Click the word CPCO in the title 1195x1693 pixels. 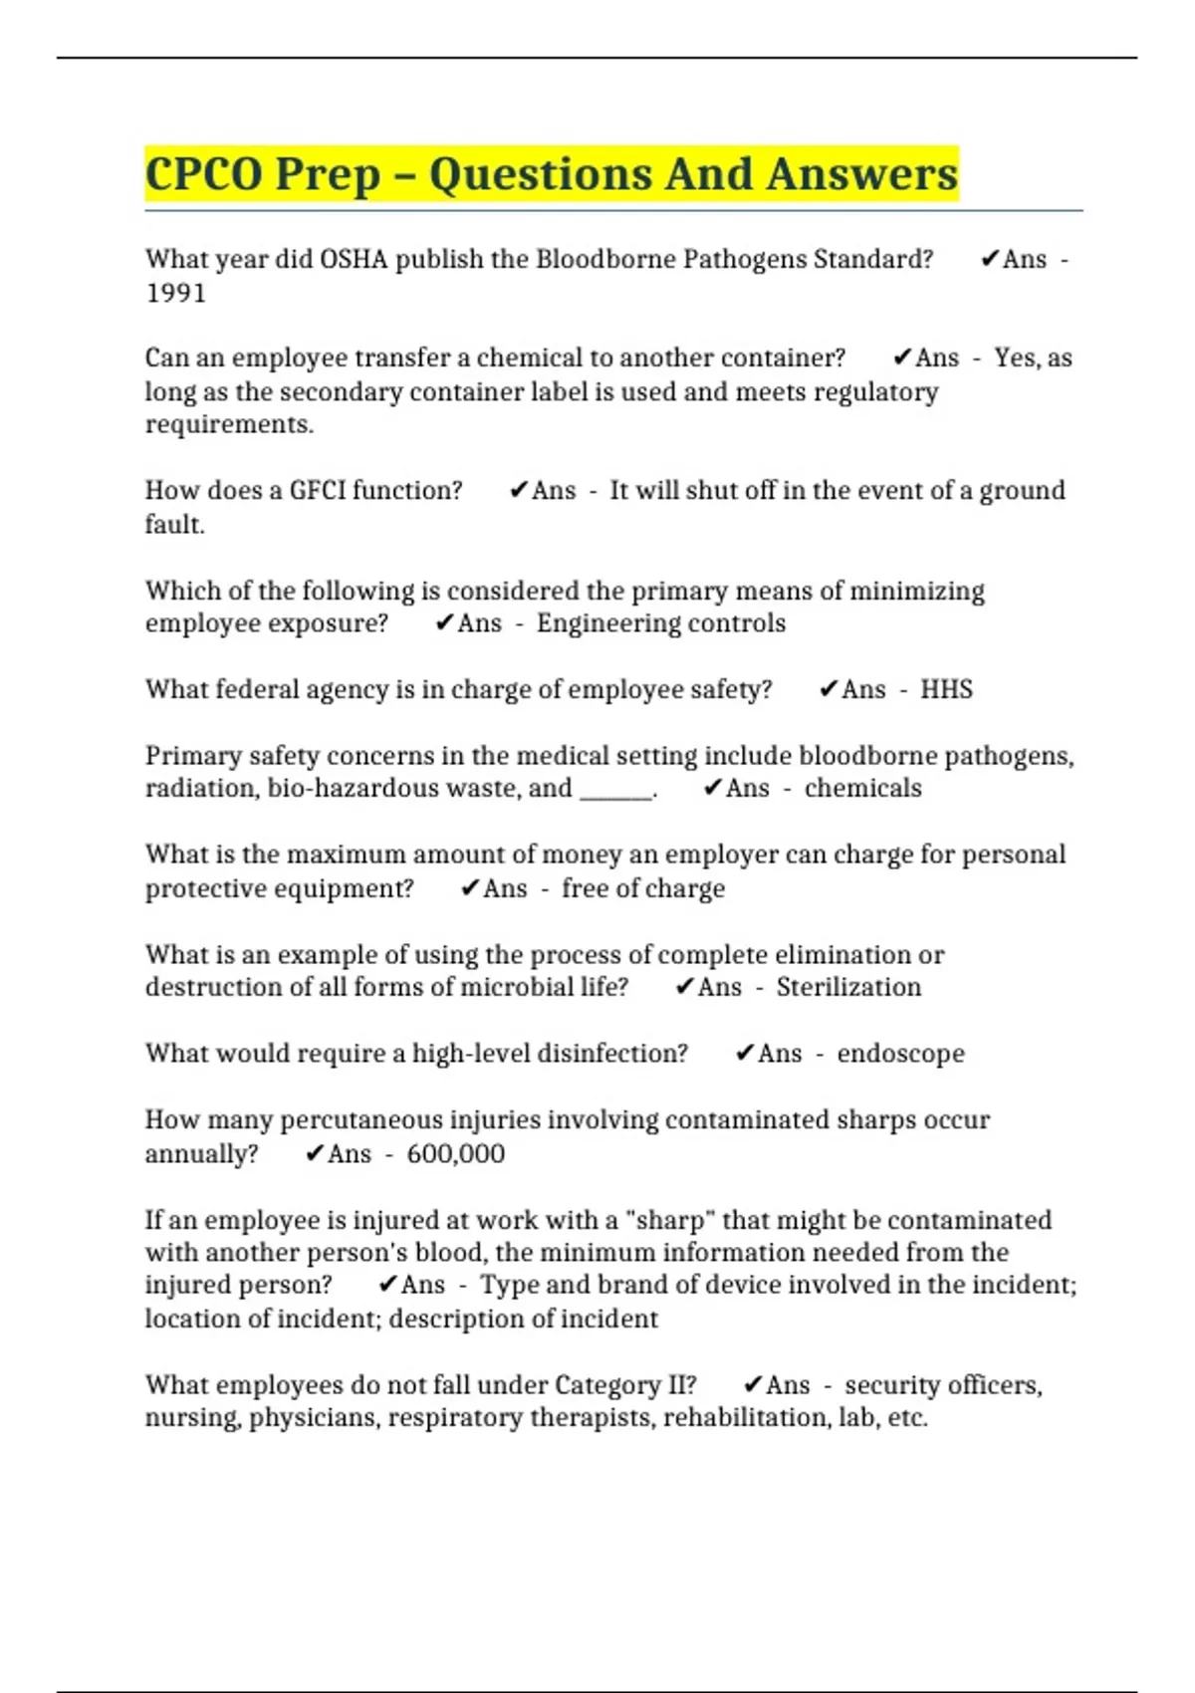(203, 174)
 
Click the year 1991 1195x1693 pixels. (175, 293)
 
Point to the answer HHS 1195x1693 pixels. (946, 689)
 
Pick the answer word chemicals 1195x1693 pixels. (862, 788)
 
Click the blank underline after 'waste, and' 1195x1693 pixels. (615, 792)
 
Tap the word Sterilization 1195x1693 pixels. (848, 987)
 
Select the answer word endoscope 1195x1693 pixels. (900, 1054)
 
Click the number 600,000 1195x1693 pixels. (455, 1153)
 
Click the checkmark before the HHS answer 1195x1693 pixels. (828, 689)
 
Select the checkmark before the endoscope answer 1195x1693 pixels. (744, 1054)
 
